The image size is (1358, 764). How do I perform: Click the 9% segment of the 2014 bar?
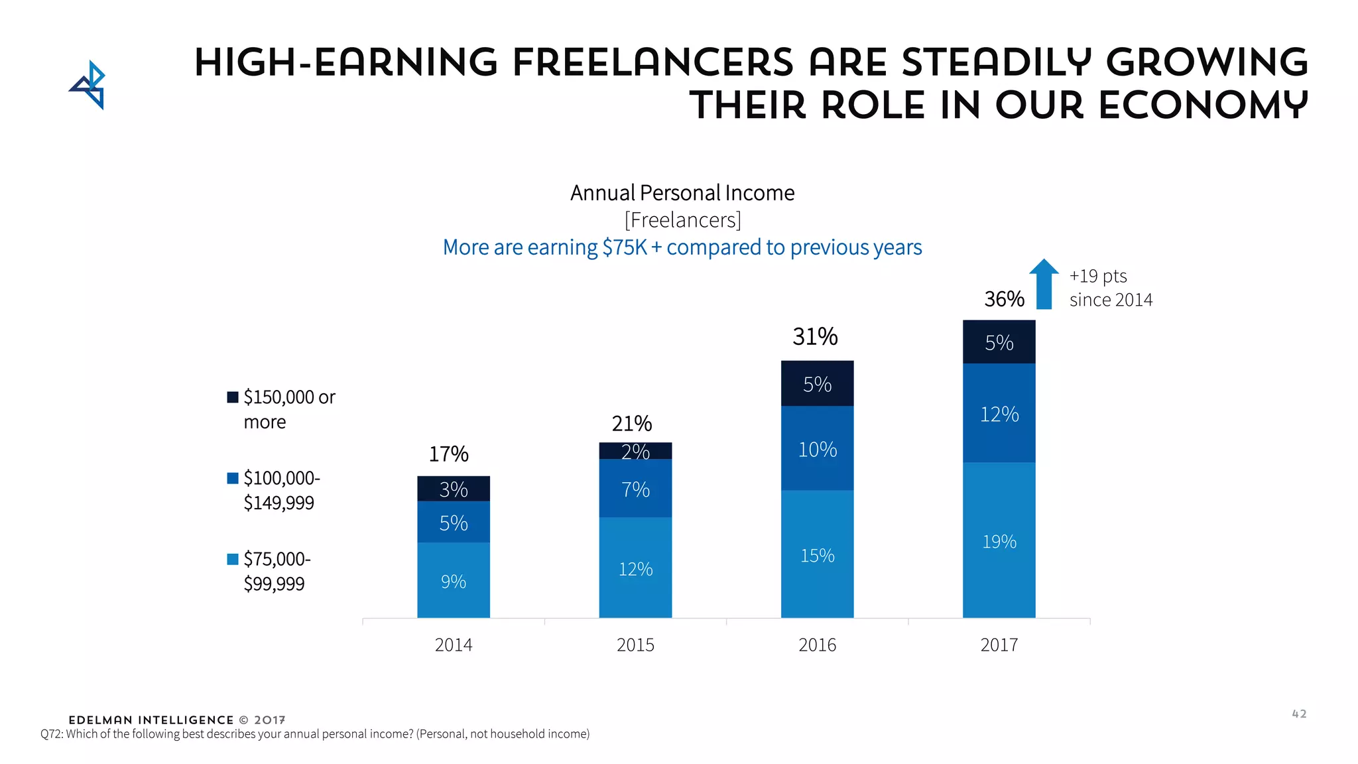454,580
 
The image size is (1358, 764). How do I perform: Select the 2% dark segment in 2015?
635,451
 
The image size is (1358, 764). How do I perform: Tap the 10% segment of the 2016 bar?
817,449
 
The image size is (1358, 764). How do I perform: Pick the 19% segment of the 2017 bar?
999,541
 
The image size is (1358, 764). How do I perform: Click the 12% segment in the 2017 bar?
999,414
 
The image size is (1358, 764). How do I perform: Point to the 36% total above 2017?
1004,299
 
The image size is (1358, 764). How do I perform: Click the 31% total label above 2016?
815,337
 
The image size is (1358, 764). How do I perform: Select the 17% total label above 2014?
448,454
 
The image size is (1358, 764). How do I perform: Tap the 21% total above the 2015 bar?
631,423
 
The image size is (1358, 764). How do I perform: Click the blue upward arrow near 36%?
1044,284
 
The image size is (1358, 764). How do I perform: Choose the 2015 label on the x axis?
635,645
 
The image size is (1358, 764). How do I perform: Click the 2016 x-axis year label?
817,645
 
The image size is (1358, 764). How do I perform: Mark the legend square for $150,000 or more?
233,397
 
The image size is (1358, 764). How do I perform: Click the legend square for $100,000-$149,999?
233,478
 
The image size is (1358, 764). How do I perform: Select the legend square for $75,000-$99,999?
233,559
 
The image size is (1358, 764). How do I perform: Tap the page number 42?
1299,714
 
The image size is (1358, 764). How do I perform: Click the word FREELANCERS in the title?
652,62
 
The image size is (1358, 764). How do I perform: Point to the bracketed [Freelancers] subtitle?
682,220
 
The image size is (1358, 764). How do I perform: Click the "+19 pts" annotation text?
1098,276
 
